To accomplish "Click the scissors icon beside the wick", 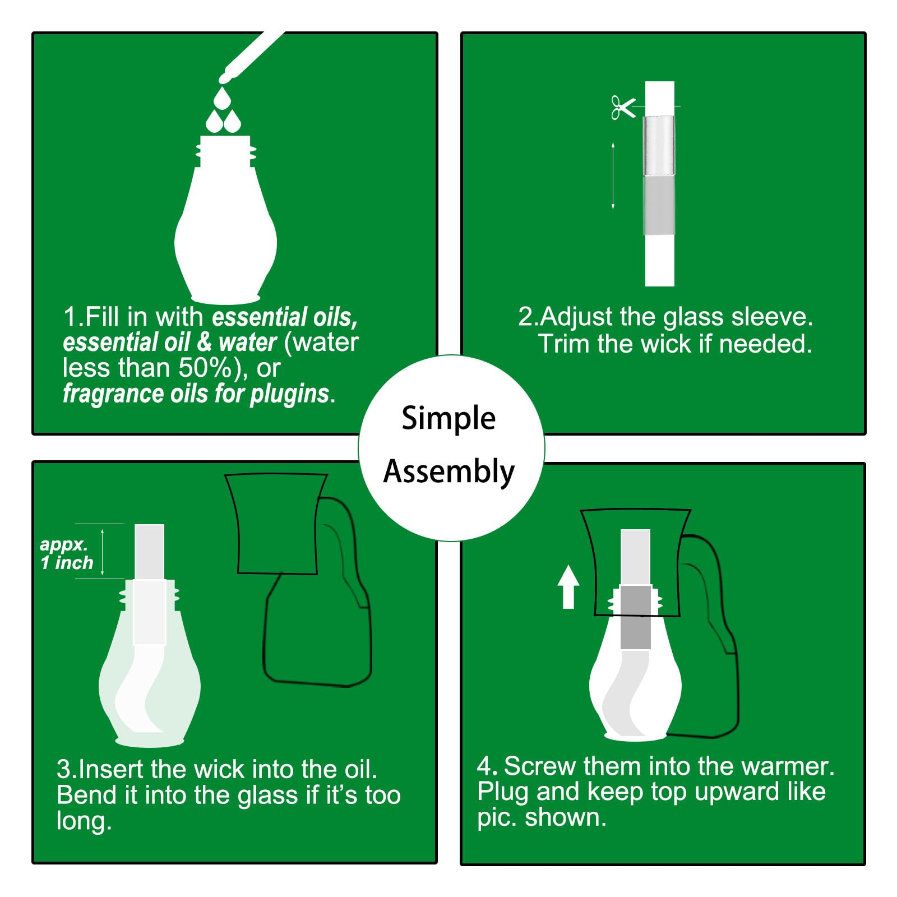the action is [x=623, y=107].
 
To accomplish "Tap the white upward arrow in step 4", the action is [x=568, y=586].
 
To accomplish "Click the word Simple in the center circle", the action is [x=449, y=419].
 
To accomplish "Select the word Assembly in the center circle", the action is [x=449, y=472].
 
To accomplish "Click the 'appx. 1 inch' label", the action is [x=66, y=553].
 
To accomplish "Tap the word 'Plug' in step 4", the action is [x=503, y=793].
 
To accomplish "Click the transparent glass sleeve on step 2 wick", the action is [x=659, y=146].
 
